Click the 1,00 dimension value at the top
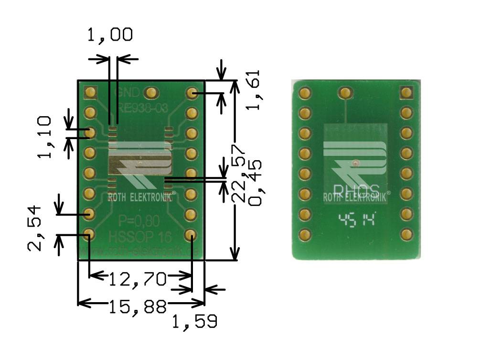tap(109, 36)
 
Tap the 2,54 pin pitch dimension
tap(35, 229)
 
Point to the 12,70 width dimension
tap(138, 278)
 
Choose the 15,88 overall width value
tap(138, 306)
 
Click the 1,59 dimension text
tap(195, 322)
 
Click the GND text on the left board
tap(128, 92)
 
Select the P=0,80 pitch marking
tap(139, 221)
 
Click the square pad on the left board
tap(90, 92)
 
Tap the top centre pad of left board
tap(151, 92)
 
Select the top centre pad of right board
tap(344, 92)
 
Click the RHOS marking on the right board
tap(356, 189)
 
